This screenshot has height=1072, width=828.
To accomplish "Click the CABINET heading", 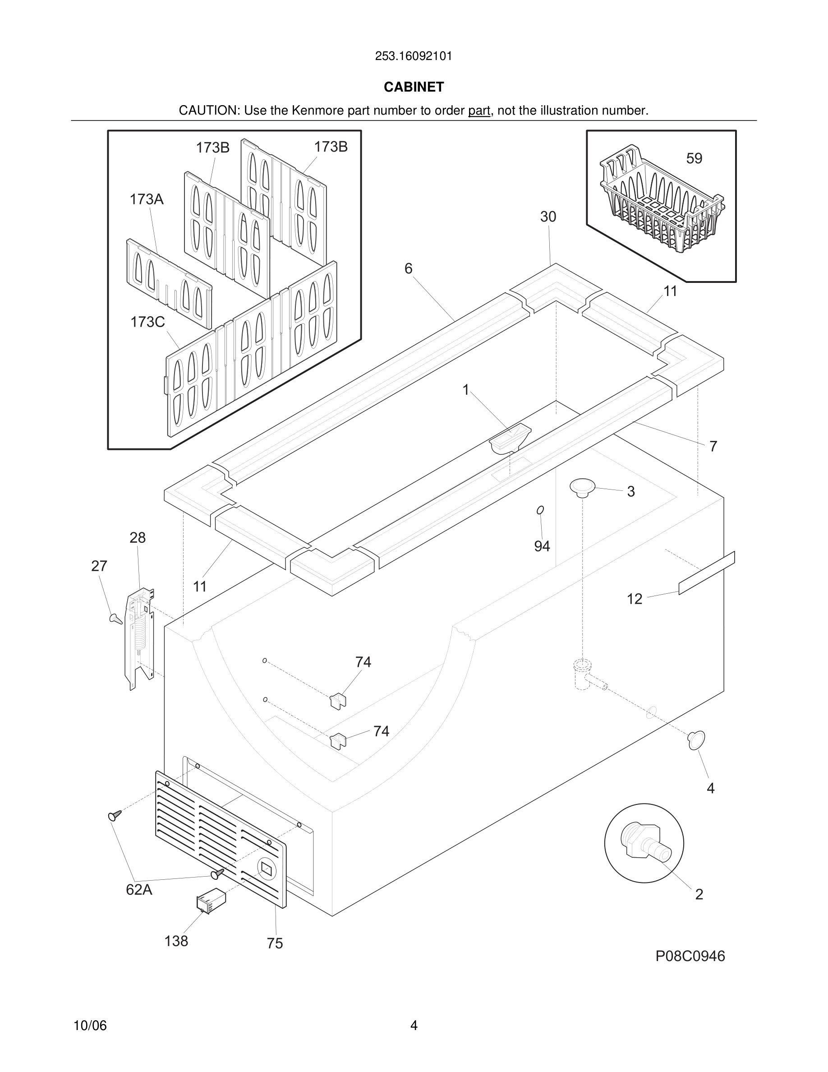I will pyautogui.click(x=414, y=87).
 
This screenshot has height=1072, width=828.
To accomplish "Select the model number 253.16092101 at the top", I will pyautogui.click(x=414, y=56).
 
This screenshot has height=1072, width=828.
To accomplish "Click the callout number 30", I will pyautogui.click(x=548, y=217).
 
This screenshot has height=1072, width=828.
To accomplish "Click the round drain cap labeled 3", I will pyautogui.click(x=582, y=487).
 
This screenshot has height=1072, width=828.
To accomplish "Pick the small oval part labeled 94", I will pyautogui.click(x=540, y=510).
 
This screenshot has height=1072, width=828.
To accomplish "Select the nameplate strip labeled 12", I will pyautogui.click(x=706, y=573).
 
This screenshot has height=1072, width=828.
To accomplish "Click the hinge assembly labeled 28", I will pyautogui.click(x=140, y=638).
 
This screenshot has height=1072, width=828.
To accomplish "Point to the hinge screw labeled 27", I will pyautogui.click(x=116, y=619).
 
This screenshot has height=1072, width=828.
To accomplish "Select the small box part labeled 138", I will pyautogui.click(x=211, y=901).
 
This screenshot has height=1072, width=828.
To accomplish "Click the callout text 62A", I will pyautogui.click(x=139, y=890).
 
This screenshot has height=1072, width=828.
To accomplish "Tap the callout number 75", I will pyautogui.click(x=275, y=943).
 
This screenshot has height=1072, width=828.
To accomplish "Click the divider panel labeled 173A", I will pyautogui.click(x=169, y=284).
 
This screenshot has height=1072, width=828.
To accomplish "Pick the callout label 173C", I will pyautogui.click(x=147, y=322).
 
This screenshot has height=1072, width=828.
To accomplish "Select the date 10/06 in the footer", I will pyautogui.click(x=90, y=1026).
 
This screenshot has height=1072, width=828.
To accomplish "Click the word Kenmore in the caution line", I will pyautogui.click(x=318, y=111).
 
